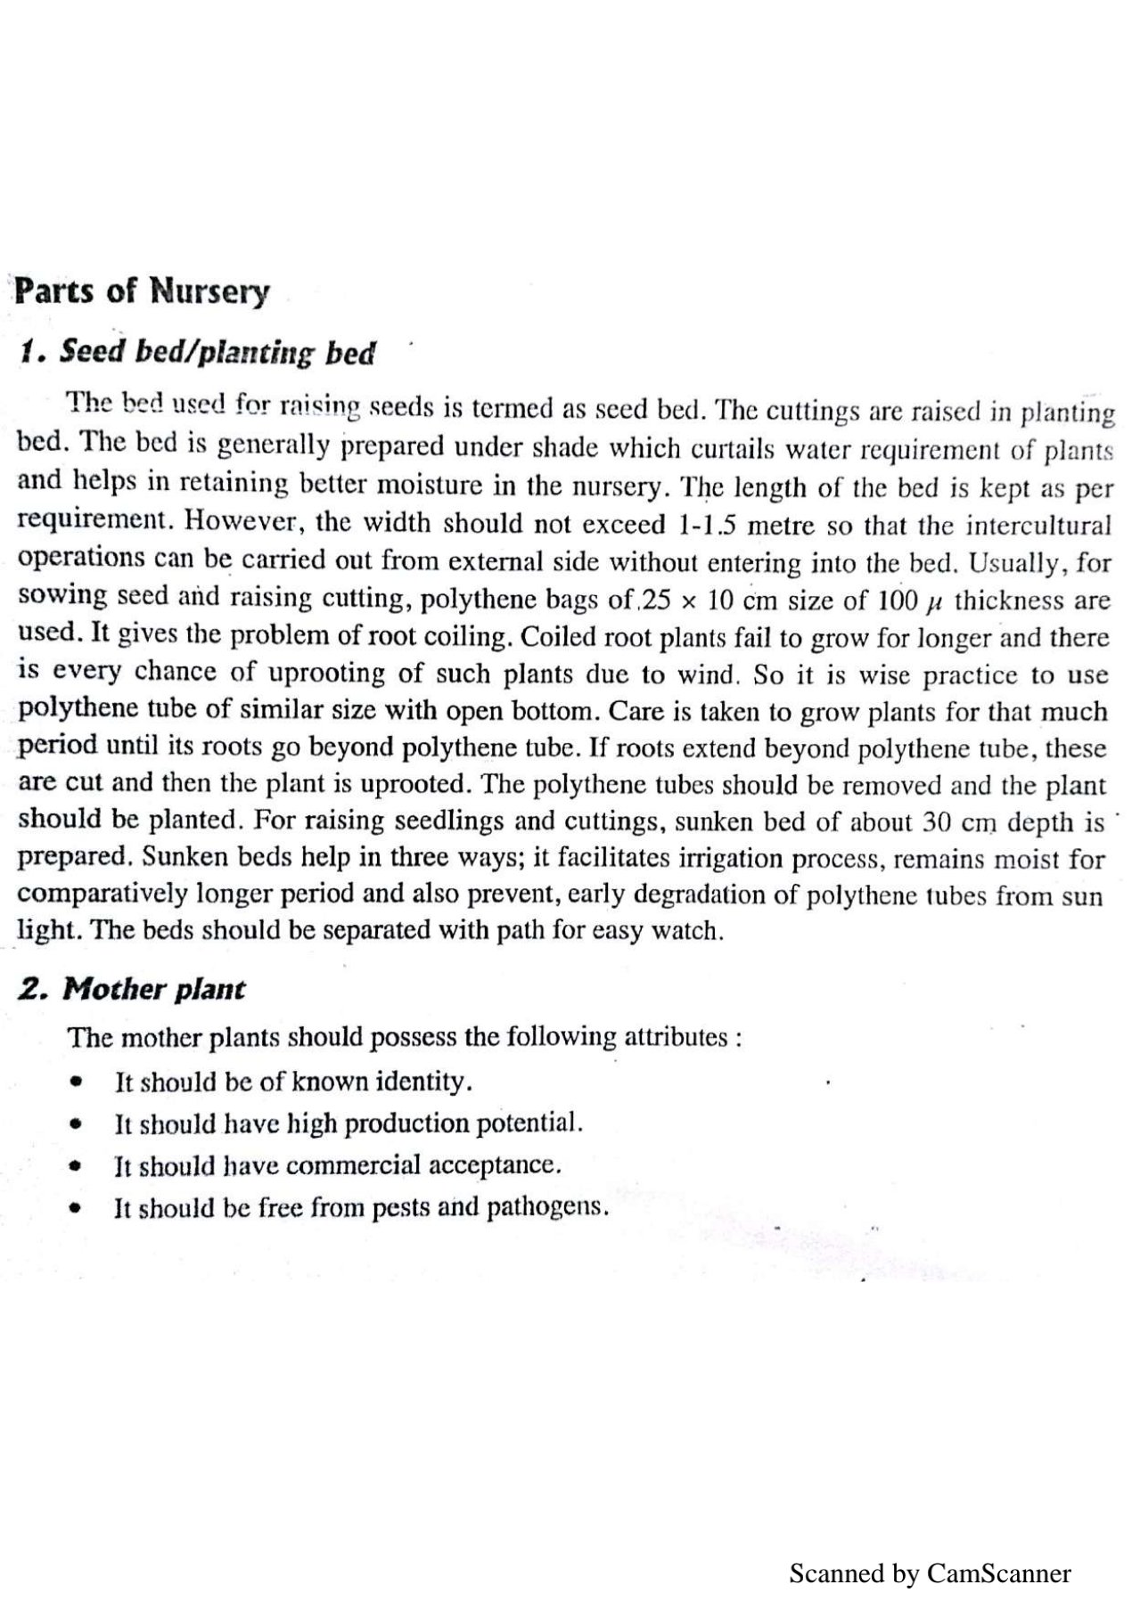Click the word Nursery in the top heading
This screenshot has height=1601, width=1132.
tap(209, 292)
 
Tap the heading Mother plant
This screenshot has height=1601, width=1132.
tap(154, 990)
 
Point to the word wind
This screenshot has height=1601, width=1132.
tap(718, 674)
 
